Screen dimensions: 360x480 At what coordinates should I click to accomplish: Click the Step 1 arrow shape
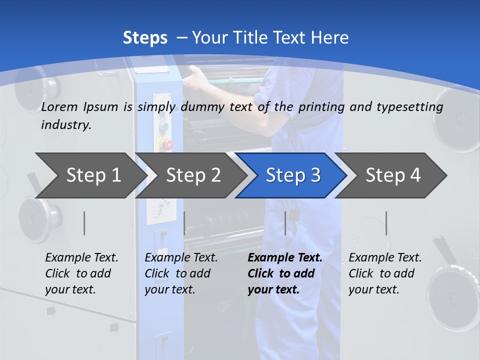(x=90, y=175)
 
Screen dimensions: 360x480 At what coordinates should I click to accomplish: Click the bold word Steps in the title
(x=145, y=38)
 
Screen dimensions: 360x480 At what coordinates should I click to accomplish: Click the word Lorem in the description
(x=59, y=106)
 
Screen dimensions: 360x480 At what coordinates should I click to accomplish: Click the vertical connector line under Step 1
(x=84, y=223)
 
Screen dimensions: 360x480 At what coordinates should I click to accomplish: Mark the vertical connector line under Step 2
(x=184, y=223)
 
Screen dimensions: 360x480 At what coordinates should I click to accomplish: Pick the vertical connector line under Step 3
(x=285, y=223)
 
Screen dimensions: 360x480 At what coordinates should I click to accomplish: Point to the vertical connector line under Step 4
(x=386, y=223)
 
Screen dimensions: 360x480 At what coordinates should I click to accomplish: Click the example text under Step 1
(x=81, y=273)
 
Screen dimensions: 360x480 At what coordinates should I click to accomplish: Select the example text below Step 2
(x=181, y=273)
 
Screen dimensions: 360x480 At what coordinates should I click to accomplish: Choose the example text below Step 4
(x=385, y=273)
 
